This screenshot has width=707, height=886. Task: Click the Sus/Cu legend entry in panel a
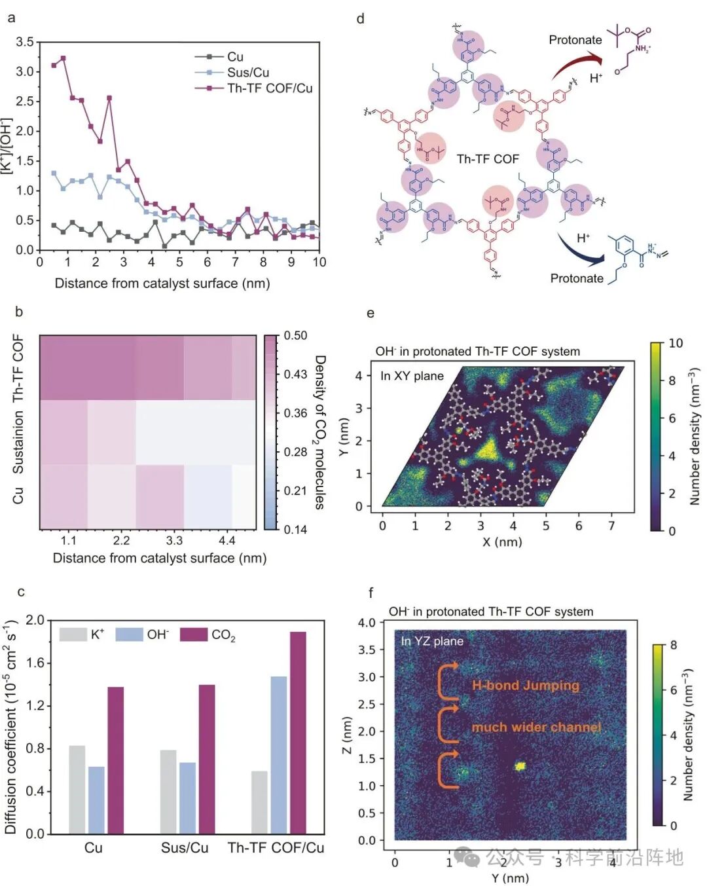(x=247, y=72)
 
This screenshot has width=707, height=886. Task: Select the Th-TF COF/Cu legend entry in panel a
(x=269, y=88)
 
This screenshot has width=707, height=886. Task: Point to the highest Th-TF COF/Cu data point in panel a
(x=63, y=58)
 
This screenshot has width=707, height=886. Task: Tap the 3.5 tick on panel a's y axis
(x=25, y=42)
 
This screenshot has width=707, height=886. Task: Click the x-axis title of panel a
(x=162, y=284)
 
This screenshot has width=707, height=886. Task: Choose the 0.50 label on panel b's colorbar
(x=295, y=335)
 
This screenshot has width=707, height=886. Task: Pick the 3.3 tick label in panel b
(x=174, y=540)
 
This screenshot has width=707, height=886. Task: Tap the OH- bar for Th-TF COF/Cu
(x=278, y=754)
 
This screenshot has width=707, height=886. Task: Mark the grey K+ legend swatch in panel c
(x=73, y=634)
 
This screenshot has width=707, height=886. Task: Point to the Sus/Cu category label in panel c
(x=185, y=847)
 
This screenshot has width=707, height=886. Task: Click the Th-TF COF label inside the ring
(x=488, y=159)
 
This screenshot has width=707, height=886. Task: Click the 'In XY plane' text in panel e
(x=412, y=376)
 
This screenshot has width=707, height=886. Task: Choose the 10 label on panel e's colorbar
(x=676, y=343)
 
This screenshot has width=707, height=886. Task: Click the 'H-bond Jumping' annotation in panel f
(x=526, y=686)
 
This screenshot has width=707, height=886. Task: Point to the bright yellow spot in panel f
(x=520, y=766)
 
